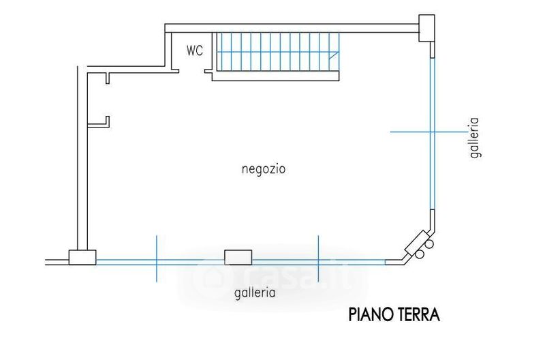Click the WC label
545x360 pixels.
coord(195,50)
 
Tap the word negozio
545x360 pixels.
coord(264,169)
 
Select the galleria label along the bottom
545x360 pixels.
coord(255,292)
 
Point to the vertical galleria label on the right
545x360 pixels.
coord(474,138)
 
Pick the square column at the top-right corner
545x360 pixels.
coord(426,28)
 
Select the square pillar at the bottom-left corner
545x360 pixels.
coord(82,258)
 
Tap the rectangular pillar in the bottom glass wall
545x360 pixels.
coord(238,258)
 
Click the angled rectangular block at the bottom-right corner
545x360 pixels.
coord(416,243)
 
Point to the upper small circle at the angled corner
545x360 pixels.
coord(429,244)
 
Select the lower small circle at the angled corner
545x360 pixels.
coord(420,254)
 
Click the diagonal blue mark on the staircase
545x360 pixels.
coord(334,55)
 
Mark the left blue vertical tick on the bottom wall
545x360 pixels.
coord(157,258)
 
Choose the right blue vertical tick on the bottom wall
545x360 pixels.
coord(318,258)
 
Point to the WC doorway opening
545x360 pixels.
coord(191,72)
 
